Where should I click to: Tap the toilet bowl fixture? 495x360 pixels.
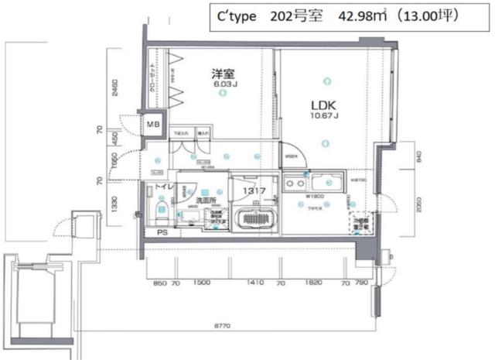[162, 210]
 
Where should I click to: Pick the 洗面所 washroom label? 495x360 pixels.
[205, 201]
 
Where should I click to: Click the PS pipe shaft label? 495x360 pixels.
[162, 231]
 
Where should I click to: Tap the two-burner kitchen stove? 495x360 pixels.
[294, 185]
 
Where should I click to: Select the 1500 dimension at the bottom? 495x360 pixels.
[203, 284]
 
